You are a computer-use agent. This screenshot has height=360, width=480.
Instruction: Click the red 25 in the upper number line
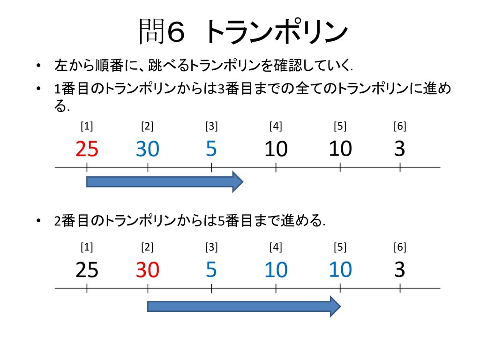(87, 149)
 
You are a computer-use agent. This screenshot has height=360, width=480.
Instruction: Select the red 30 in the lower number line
(148, 270)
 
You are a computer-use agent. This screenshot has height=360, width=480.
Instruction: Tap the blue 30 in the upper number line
(148, 149)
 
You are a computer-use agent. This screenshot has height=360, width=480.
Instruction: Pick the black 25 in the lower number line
(87, 270)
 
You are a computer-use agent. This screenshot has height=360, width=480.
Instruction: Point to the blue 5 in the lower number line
(211, 270)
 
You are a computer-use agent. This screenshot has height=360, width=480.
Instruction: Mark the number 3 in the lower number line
(399, 270)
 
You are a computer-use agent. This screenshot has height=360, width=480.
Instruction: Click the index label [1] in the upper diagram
(87, 126)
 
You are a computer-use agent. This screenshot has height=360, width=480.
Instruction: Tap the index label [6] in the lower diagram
(400, 247)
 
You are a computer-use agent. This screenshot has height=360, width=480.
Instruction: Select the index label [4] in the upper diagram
(276, 126)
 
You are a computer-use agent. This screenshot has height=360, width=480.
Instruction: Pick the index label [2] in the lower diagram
(147, 247)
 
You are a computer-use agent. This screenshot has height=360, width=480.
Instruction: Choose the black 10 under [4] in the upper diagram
(276, 149)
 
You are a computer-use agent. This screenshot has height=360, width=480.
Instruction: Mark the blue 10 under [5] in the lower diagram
(340, 270)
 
